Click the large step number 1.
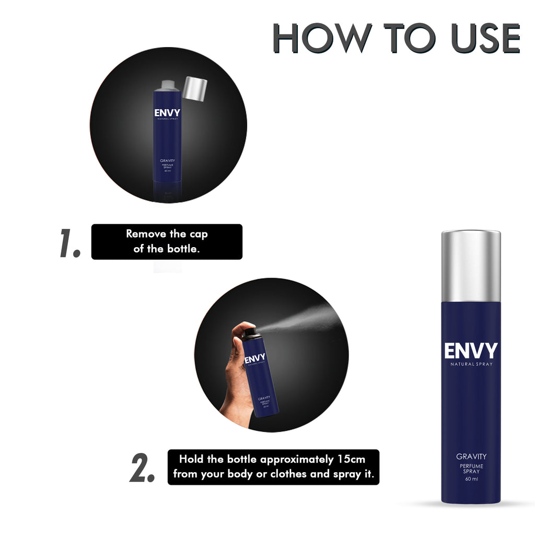tap(70, 243)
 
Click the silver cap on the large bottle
tap(471, 266)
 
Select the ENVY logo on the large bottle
tap(471, 351)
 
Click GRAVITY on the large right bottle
tap(471, 457)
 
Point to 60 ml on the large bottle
tap(471, 480)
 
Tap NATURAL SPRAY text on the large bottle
tap(471, 364)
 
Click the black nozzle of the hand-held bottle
tap(250, 332)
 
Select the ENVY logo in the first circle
tap(167, 113)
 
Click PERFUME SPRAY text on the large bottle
tap(471, 468)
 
